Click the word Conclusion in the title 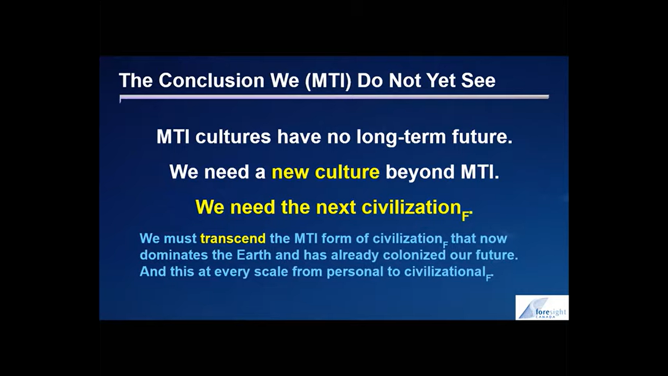211,81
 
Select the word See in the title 478,81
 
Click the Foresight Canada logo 542,308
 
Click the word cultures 233,137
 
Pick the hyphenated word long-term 401,137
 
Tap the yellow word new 290,172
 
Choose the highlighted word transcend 233,238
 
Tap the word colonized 414,255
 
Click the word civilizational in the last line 445,271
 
